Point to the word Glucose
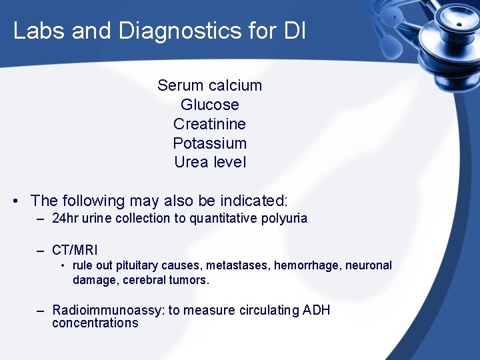(x=210, y=105)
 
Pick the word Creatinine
(x=210, y=124)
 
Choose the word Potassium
(x=210, y=143)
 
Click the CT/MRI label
(x=75, y=250)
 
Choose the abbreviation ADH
(x=317, y=310)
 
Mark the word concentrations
(x=95, y=323)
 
